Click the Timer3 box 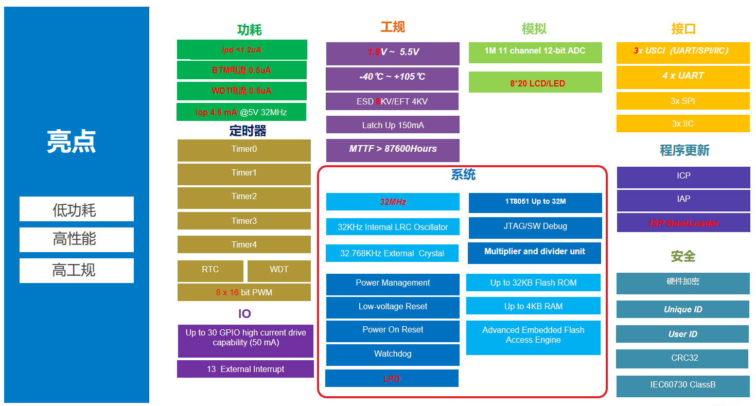pos(244,221)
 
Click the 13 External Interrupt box pos(245,369)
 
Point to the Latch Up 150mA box pos(393,125)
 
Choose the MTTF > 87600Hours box pos(393,149)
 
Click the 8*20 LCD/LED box pos(535,83)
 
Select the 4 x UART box pos(683,76)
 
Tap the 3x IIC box pos(683,123)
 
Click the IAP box pos(683,199)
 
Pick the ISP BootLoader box pos(683,223)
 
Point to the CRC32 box pos(682,358)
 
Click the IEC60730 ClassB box pos(682,385)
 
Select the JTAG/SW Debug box pos(535,227)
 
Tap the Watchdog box pos(393,354)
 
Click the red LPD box pos(392,379)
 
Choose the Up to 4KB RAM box pos(533,306)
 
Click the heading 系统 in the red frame pos(463,175)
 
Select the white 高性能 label pos(76,239)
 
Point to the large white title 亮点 pos(72,142)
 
